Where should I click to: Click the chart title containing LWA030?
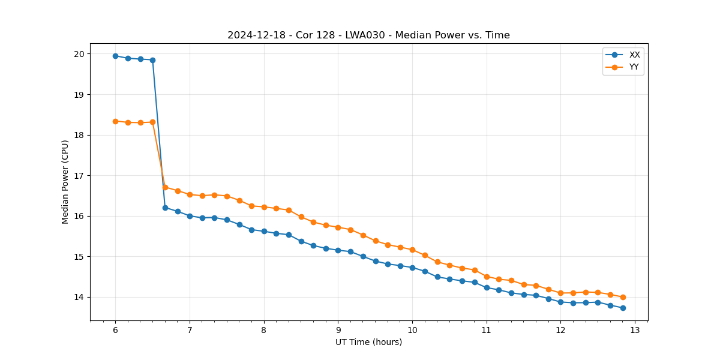pos(368,35)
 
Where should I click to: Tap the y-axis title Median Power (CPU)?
pos(65,182)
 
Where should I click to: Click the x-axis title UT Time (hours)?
pos(368,342)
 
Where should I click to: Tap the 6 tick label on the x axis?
pos(115,330)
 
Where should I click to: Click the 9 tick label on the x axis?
pos(338,330)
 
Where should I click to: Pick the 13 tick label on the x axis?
pos(635,330)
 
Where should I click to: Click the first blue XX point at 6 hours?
pos(115,56)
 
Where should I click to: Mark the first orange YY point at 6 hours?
pos(115,121)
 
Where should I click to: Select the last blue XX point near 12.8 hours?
pos(623,308)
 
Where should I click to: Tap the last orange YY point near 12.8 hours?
pos(623,297)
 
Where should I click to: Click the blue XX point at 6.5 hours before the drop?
pos(152,60)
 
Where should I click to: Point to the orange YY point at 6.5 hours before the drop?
pos(152,122)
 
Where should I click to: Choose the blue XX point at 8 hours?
pos(264,231)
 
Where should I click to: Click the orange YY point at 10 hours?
pos(412,250)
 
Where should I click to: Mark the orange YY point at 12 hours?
pos(560,293)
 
